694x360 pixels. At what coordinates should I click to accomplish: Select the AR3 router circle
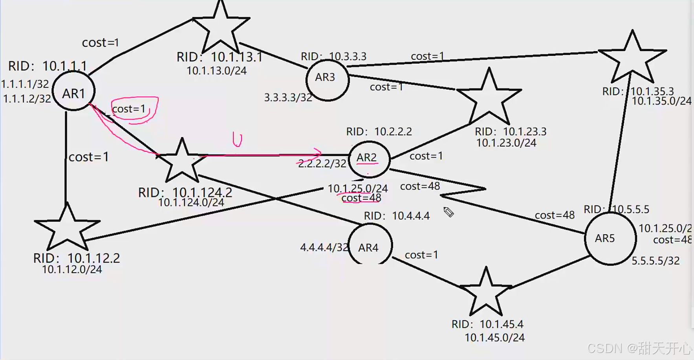tap(327, 80)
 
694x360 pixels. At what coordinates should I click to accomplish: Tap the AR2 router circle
tap(369, 159)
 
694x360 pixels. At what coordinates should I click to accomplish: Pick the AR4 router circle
tap(370, 245)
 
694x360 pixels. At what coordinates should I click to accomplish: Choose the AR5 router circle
tap(610, 239)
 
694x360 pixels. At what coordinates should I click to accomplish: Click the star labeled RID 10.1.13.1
tap(221, 27)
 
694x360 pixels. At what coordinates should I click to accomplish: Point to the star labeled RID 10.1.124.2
tap(181, 162)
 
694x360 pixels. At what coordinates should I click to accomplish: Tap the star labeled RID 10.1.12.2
tap(67, 228)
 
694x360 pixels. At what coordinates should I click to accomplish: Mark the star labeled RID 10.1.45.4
tap(486, 292)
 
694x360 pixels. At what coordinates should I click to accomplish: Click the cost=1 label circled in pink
tap(129, 109)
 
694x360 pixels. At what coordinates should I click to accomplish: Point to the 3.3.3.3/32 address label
tap(288, 97)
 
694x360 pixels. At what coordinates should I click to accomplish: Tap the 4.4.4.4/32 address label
tap(324, 247)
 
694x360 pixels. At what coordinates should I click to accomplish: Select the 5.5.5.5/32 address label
tap(655, 261)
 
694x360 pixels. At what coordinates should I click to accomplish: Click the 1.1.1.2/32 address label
tap(27, 99)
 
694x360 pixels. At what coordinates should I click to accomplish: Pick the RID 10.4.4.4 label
tap(397, 216)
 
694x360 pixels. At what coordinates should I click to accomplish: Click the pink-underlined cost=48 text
tap(361, 198)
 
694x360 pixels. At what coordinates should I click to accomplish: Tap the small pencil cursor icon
tap(449, 212)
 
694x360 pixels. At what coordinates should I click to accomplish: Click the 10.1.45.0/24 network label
tap(494, 338)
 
